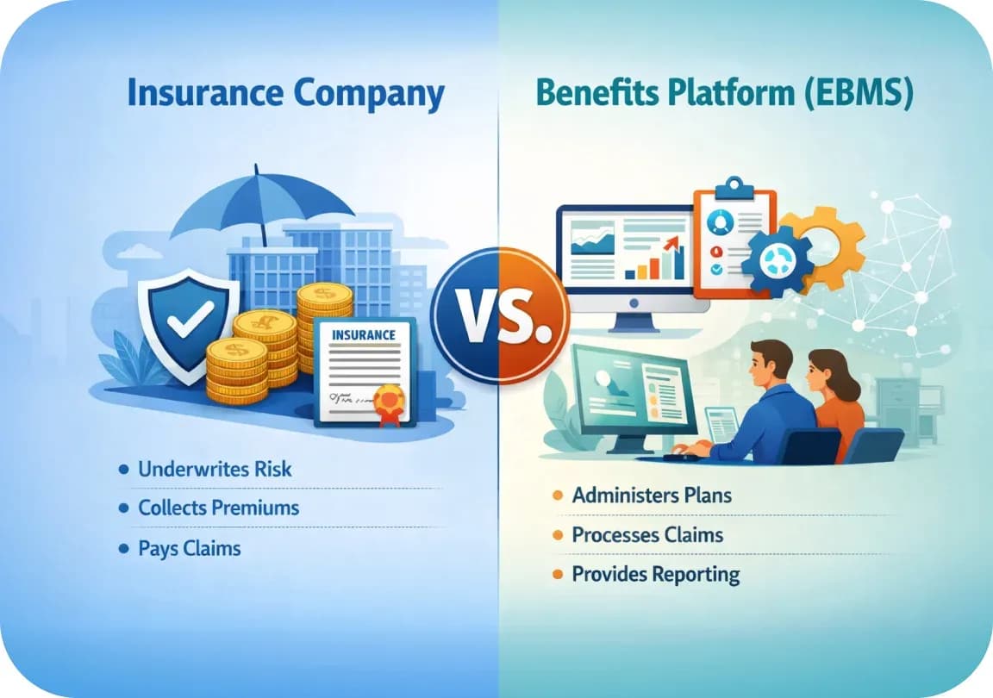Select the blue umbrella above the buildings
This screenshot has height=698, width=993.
click(x=262, y=203)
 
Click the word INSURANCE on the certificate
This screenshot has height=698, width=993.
click(x=364, y=334)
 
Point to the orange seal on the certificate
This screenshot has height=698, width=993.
click(x=389, y=403)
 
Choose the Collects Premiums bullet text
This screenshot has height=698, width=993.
click(x=218, y=508)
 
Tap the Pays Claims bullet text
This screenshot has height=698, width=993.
click(x=190, y=548)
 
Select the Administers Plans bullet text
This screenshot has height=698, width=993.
click(x=652, y=495)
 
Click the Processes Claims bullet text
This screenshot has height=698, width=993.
click(x=647, y=534)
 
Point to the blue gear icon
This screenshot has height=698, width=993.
click(x=777, y=261)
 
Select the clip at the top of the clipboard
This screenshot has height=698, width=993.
click(x=734, y=188)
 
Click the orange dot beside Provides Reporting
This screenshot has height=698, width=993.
click(x=558, y=575)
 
